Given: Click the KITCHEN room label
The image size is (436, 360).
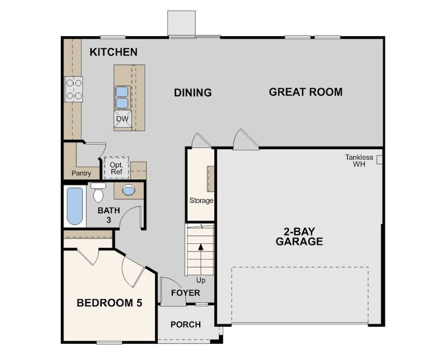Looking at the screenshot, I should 113,52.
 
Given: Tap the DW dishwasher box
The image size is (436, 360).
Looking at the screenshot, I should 122,118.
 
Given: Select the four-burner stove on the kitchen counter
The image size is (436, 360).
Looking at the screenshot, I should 74,89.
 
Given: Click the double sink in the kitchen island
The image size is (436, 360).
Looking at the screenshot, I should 122,97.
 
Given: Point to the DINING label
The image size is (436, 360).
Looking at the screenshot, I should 193,93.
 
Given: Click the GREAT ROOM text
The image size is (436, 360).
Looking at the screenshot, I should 305,91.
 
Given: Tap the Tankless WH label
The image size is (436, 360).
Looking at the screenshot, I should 359,160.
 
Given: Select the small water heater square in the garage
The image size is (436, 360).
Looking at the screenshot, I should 379,159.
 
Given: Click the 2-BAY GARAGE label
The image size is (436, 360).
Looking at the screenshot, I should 299,237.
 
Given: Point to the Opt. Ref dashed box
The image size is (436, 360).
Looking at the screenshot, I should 116,168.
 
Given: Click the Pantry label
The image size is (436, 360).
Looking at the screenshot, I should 81,173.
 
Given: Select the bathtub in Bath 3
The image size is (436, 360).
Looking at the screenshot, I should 75,206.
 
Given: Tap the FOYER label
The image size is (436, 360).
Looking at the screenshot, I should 185,293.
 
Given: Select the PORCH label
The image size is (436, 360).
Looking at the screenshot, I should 185,324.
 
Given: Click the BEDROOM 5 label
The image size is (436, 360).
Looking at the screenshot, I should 109,303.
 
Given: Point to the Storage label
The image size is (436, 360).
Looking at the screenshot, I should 201,201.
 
